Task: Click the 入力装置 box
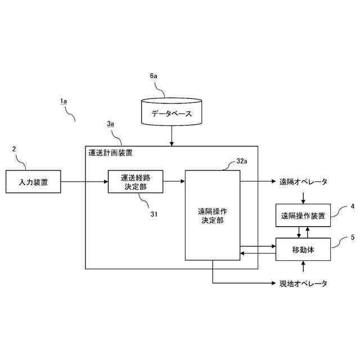coord(33,182)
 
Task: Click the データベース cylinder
coord(172,112)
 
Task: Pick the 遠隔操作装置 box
coord(303,215)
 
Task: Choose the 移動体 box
coord(303,249)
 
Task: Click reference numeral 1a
coord(64,101)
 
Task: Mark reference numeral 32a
coord(242,161)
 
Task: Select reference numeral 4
coord(352,206)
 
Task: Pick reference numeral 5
coord(352,237)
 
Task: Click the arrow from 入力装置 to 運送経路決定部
coord(84,182)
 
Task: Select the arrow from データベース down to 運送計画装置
coord(172,136)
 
